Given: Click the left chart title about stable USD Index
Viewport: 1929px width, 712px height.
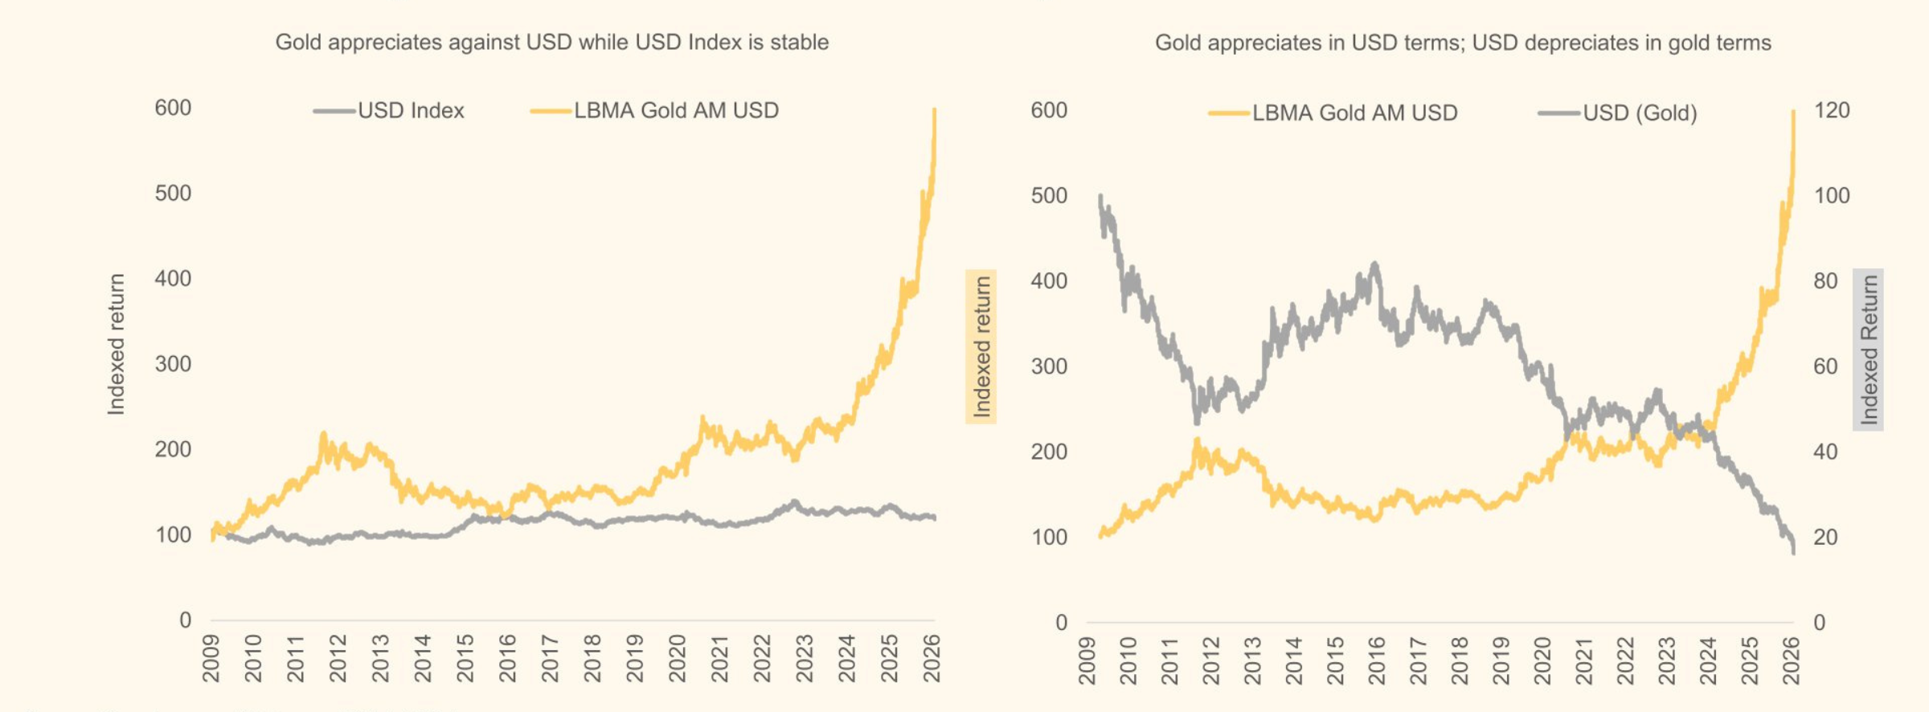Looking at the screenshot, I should (x=551, y=42).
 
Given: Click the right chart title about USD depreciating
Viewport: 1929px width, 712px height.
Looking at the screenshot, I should (x=1463, y=43).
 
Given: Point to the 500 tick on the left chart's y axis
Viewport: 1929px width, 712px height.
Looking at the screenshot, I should (x=173, y=194).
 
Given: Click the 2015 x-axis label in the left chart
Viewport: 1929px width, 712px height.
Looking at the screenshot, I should (x=465, y=658).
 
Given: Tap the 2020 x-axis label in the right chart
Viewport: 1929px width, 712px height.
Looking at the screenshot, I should (x=1542, y=661).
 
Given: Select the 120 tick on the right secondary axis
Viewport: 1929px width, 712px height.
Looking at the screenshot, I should (x=1832, y=111).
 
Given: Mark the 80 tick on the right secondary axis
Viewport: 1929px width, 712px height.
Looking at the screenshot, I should (x=1825, y=281).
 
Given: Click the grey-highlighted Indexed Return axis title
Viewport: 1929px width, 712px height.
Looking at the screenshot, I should (x=1869, y=350).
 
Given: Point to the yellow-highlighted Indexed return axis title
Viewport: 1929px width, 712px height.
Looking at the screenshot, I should (x=981, y=346).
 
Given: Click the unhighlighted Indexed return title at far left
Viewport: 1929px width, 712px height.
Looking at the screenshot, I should (x=117, y=344).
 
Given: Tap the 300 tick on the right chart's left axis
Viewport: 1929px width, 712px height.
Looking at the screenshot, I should (x=1049, y=366).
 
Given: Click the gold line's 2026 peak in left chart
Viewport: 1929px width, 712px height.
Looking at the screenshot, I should (x=934, y=110).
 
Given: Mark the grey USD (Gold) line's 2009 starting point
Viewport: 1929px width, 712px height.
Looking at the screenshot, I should (x=1100, y=196).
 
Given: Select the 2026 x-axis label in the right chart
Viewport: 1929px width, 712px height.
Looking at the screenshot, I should (x=1791, y=661).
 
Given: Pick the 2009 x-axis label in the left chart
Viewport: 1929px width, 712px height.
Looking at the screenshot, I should (x=211, y=658).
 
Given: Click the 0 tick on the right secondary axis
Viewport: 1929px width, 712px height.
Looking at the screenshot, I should (x=1819, y=623).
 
